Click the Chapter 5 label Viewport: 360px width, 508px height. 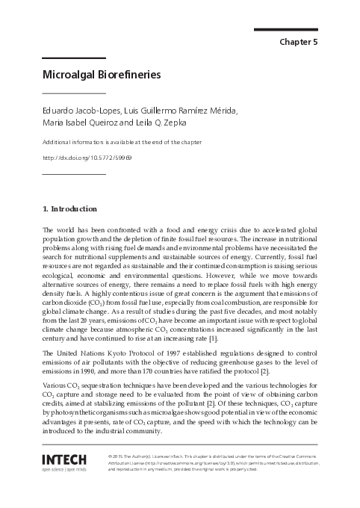(298, 42)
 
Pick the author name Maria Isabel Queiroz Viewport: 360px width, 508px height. (77, 123)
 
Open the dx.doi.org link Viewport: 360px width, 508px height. (87, 158)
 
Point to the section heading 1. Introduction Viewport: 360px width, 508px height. (69, 208)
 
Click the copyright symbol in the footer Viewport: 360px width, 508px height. (111, 455)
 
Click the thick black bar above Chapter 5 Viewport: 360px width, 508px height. (286, 30)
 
